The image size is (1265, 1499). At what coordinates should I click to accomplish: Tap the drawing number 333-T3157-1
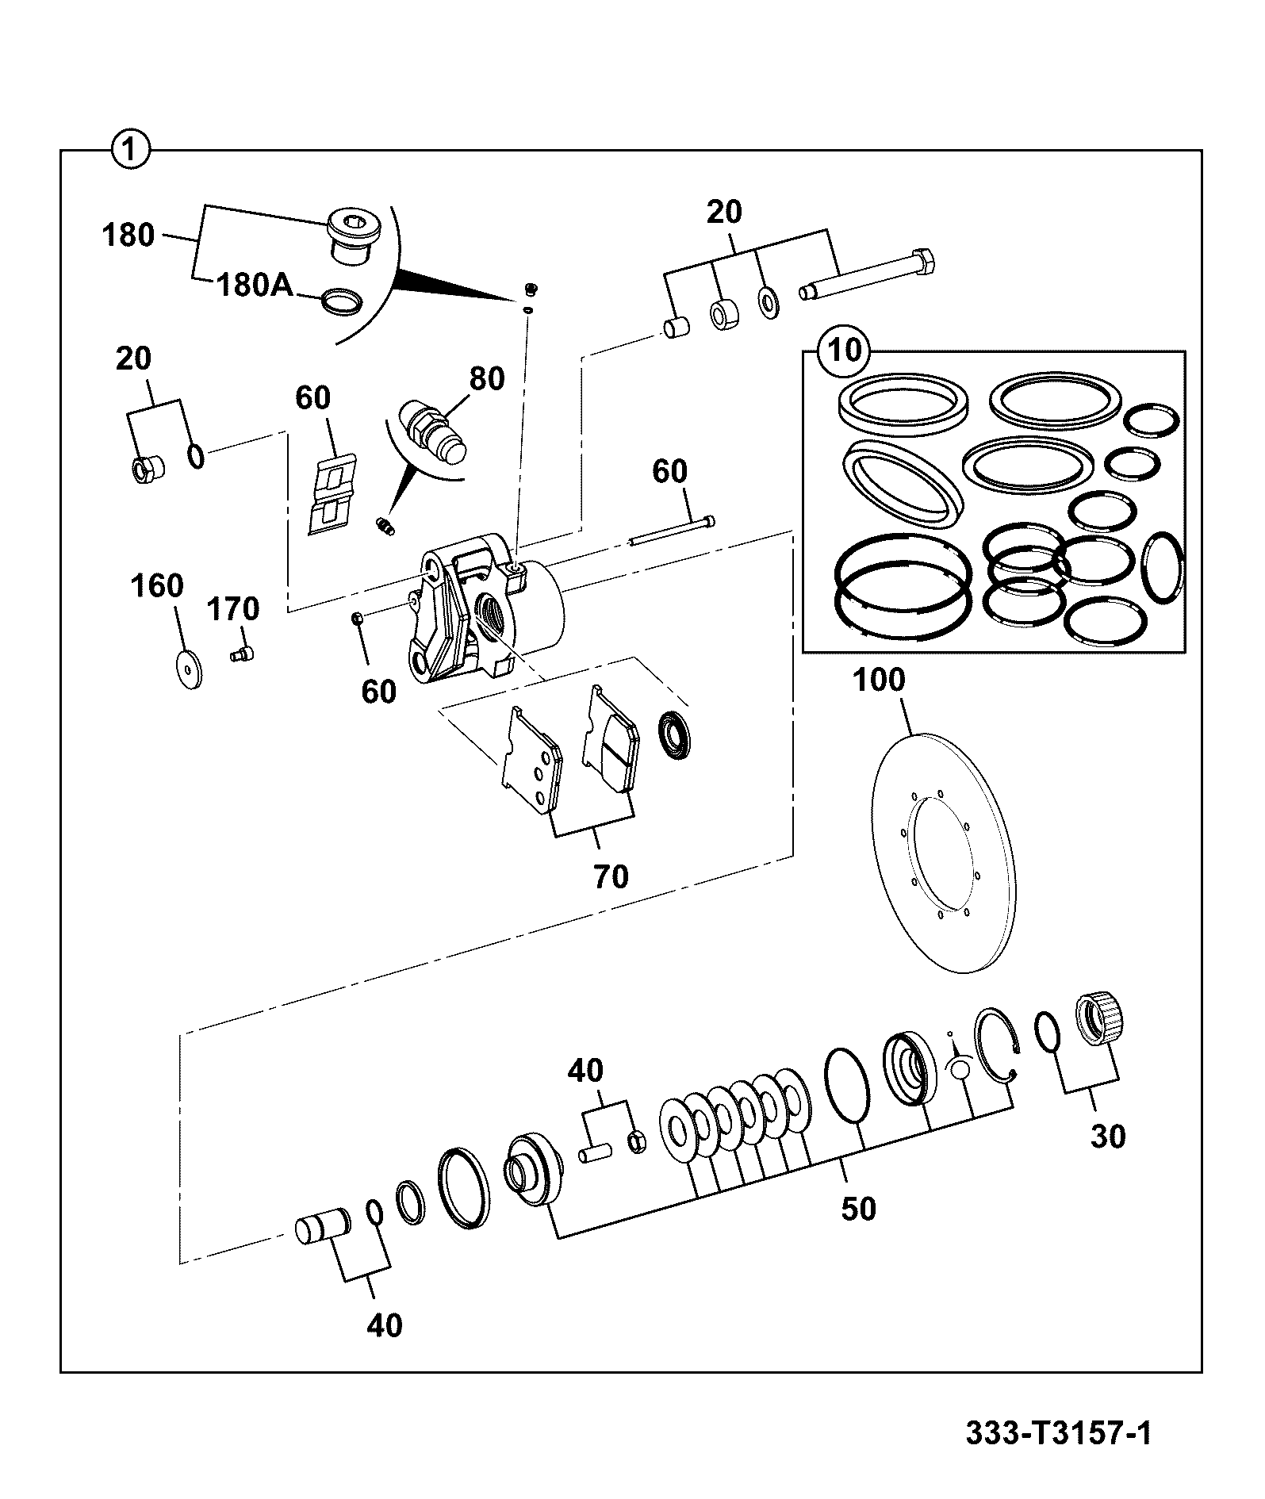click(x=1058, y=1433)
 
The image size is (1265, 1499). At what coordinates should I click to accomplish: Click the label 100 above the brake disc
click(x=880, y=680)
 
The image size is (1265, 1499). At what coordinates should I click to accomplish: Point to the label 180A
click(x=254, y=285)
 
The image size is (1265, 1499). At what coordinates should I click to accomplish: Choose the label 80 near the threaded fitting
click(x=487, y=378)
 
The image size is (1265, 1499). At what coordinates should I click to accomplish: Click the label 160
click(x=157, y=586)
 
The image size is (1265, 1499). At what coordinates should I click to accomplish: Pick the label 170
click(x=233, y=609)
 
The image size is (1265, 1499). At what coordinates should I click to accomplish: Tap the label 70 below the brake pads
click(x=611, y=876)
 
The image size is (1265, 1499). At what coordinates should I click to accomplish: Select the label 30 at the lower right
click(x=1108, y=1137)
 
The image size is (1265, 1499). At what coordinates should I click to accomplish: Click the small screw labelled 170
click(x=241, y=654)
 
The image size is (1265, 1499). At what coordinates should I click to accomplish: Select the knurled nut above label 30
click(x=1101, y=1018)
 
